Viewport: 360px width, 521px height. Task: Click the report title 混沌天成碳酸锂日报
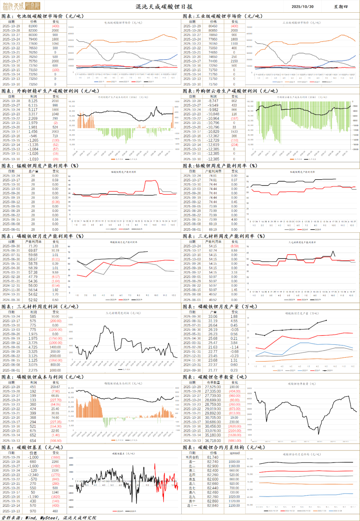click(x=164, y=7)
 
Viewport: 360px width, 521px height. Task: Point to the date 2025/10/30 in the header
click(x=302, y=7)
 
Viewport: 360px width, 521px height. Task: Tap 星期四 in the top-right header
click(x=341, y=7)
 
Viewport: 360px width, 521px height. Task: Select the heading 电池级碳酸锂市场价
click(x=40, y=16)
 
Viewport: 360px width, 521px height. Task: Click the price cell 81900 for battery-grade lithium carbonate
click(x=33, y=26)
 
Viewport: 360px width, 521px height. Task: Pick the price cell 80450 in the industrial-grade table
click(x=213, y=26)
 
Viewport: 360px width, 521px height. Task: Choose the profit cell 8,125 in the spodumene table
click(x=33, y=101)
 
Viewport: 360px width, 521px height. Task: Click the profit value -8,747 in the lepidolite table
click(x=213, y=101)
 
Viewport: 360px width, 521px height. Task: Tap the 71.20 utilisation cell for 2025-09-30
click(x=33, y=246)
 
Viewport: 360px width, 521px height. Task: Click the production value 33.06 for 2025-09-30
click(x=213, y=317)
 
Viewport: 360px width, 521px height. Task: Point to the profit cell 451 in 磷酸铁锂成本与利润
click(x=33, y=387)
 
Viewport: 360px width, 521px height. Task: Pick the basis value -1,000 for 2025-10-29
click(x=33, y=457)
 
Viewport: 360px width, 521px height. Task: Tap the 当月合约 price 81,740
click(x=213, y=457)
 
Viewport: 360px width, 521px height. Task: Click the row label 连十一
click(x=192, y=506)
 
